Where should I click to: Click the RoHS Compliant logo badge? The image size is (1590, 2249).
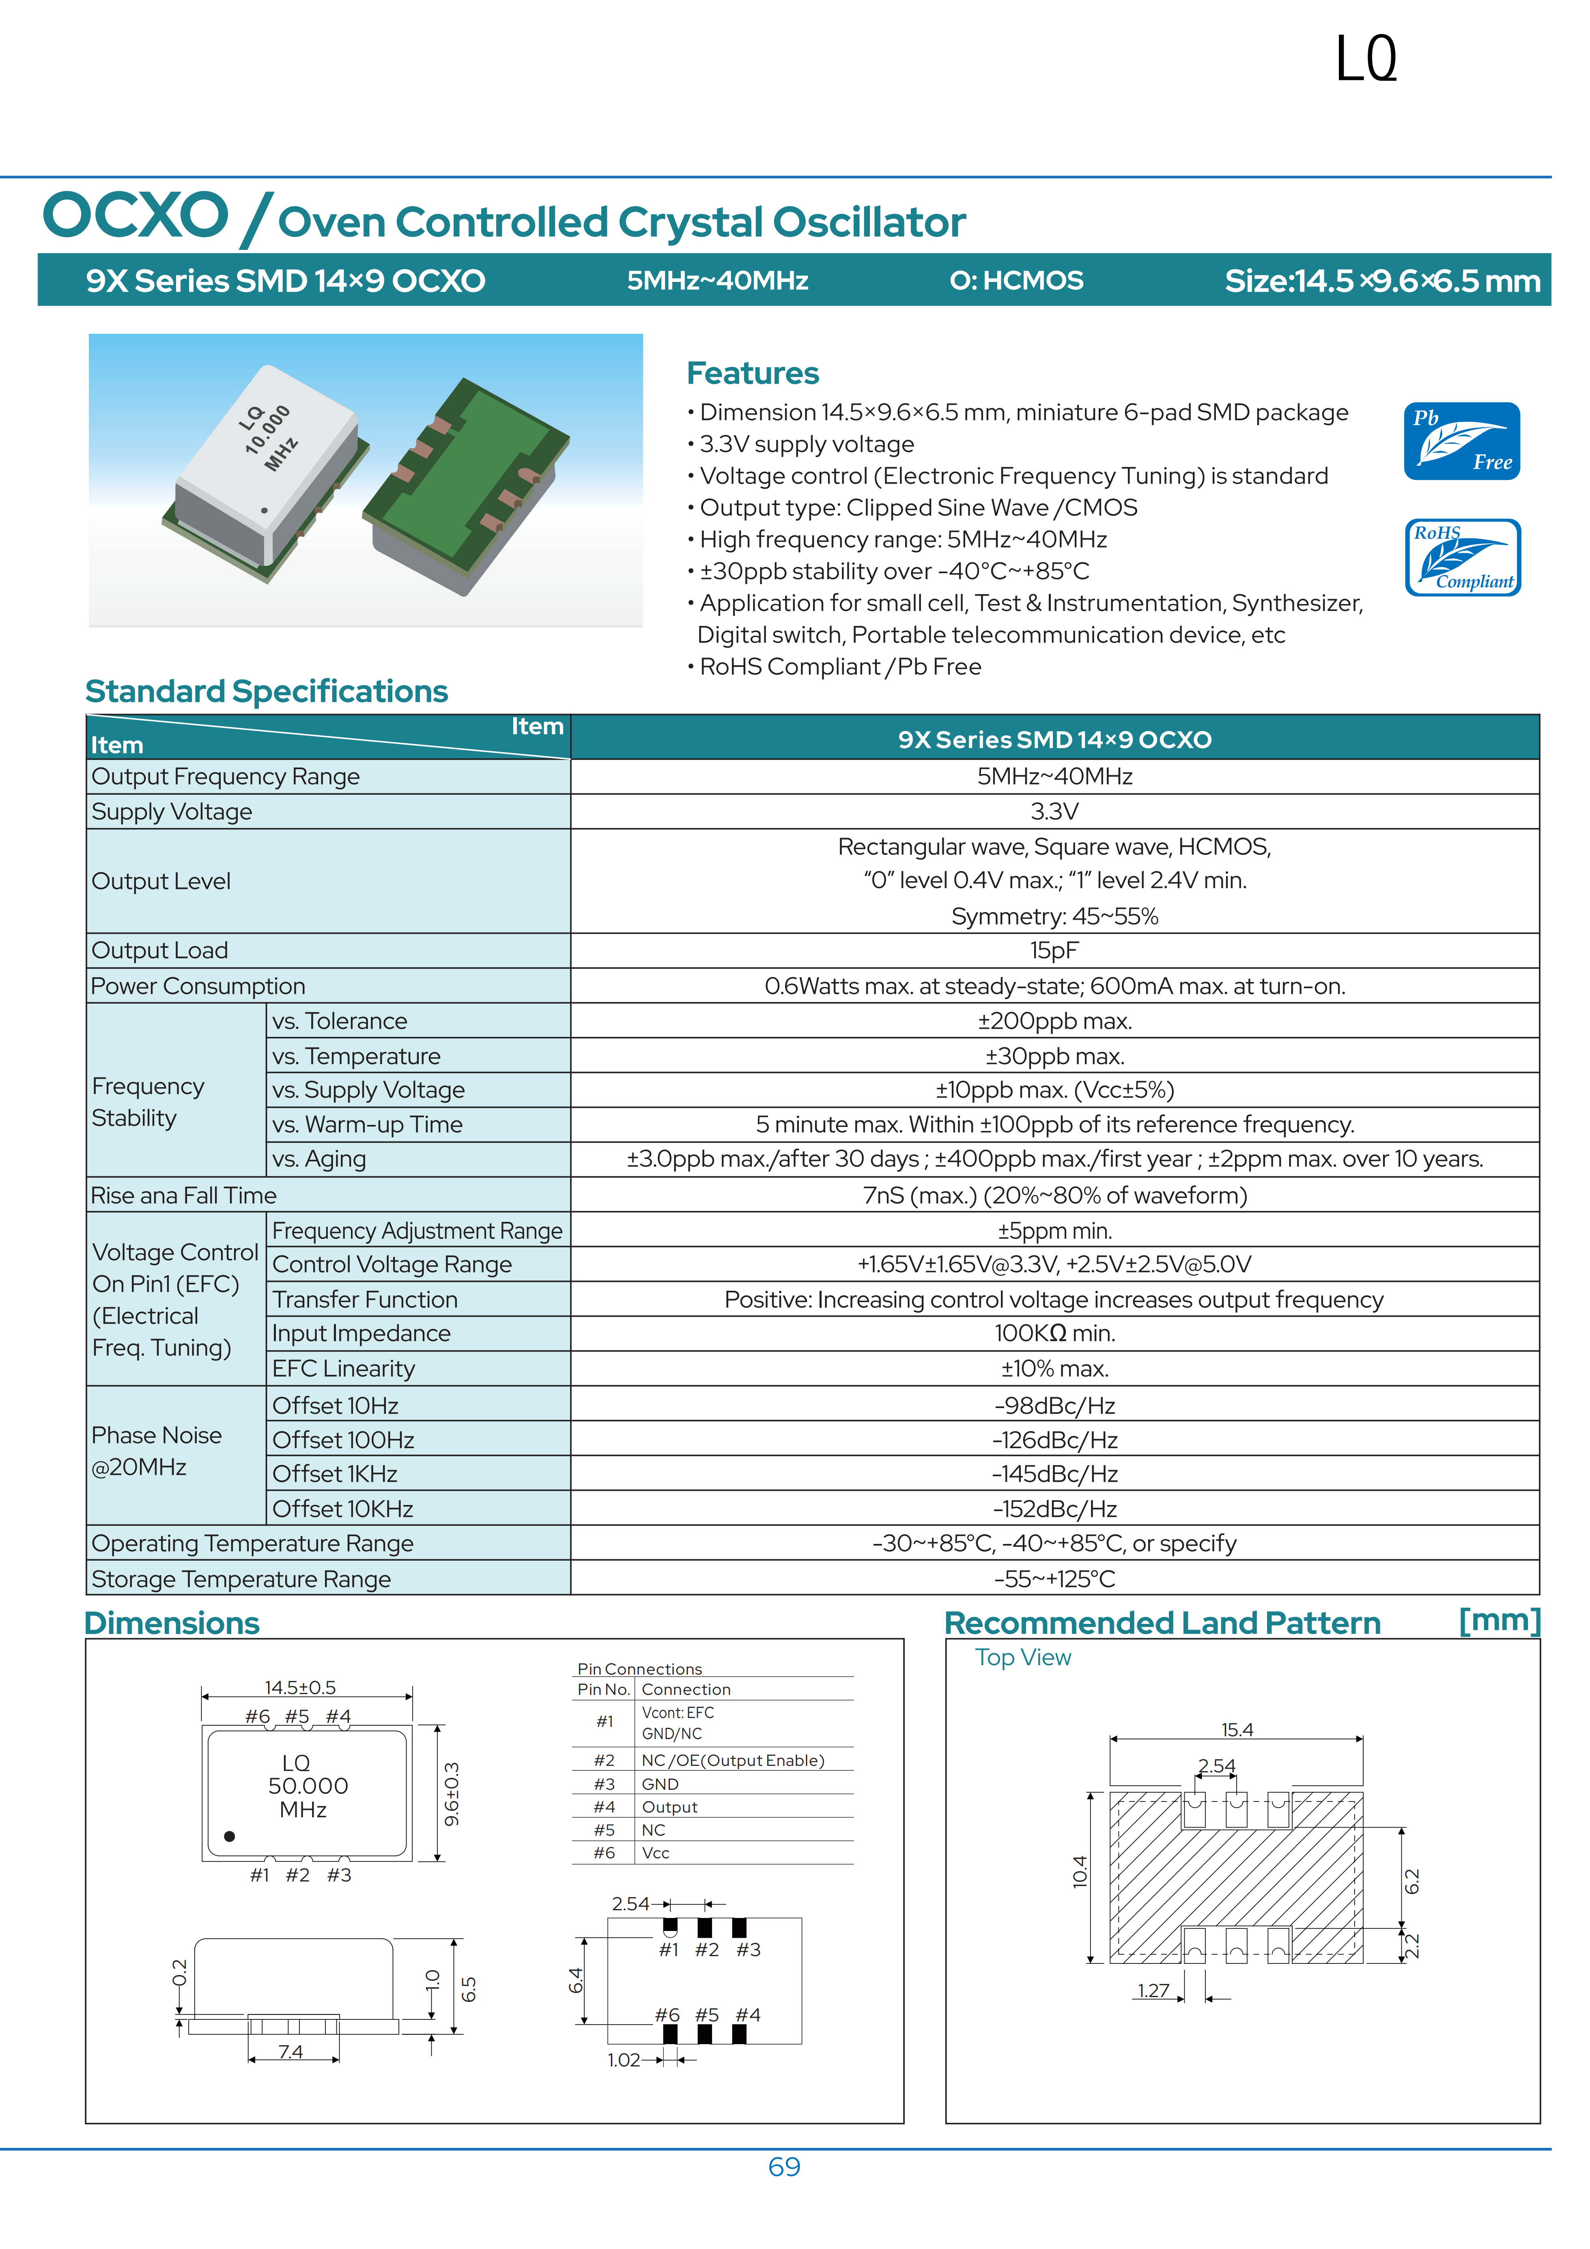tap(1462, 557)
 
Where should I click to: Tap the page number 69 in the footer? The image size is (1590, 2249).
tap(784, 2167)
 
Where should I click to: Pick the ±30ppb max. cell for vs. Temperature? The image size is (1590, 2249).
tap(1054, 1056)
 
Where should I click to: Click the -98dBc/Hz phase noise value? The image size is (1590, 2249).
tap(1054, 1406)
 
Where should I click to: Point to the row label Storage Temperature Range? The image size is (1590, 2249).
tap(241, 1579)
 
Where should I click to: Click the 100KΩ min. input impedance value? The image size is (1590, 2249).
tap(1054, 1333)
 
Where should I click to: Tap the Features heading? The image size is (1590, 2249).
tap(752, 373)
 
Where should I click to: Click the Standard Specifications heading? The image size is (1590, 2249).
tap(267, 692)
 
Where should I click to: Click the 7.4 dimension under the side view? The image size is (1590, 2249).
tap(291, 2051)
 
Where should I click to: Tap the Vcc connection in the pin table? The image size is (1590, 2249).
tap(655, 1852)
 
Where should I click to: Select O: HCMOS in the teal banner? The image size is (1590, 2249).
tap(1016, 281)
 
